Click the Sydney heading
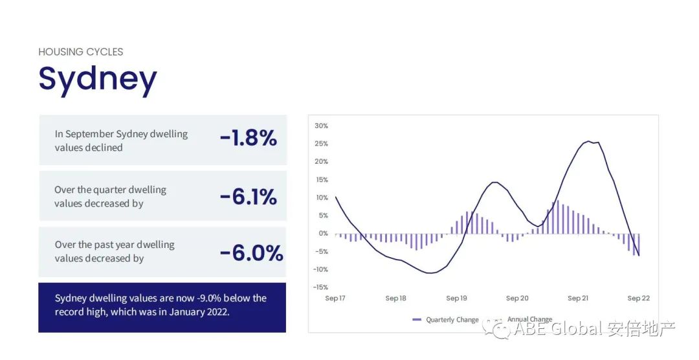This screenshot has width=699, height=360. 98,79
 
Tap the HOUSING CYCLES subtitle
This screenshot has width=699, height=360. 80,52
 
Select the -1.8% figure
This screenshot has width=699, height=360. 248,138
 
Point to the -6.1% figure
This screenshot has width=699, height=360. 248,197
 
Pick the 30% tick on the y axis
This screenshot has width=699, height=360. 321,126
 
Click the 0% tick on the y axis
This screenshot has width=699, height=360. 323,233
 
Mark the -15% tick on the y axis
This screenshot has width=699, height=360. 320,287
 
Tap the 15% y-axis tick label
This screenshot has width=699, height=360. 321,179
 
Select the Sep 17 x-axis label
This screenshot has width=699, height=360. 335,298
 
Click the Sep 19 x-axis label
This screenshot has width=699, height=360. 456,298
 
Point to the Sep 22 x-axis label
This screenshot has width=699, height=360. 638,298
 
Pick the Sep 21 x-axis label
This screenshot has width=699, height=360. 578,298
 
